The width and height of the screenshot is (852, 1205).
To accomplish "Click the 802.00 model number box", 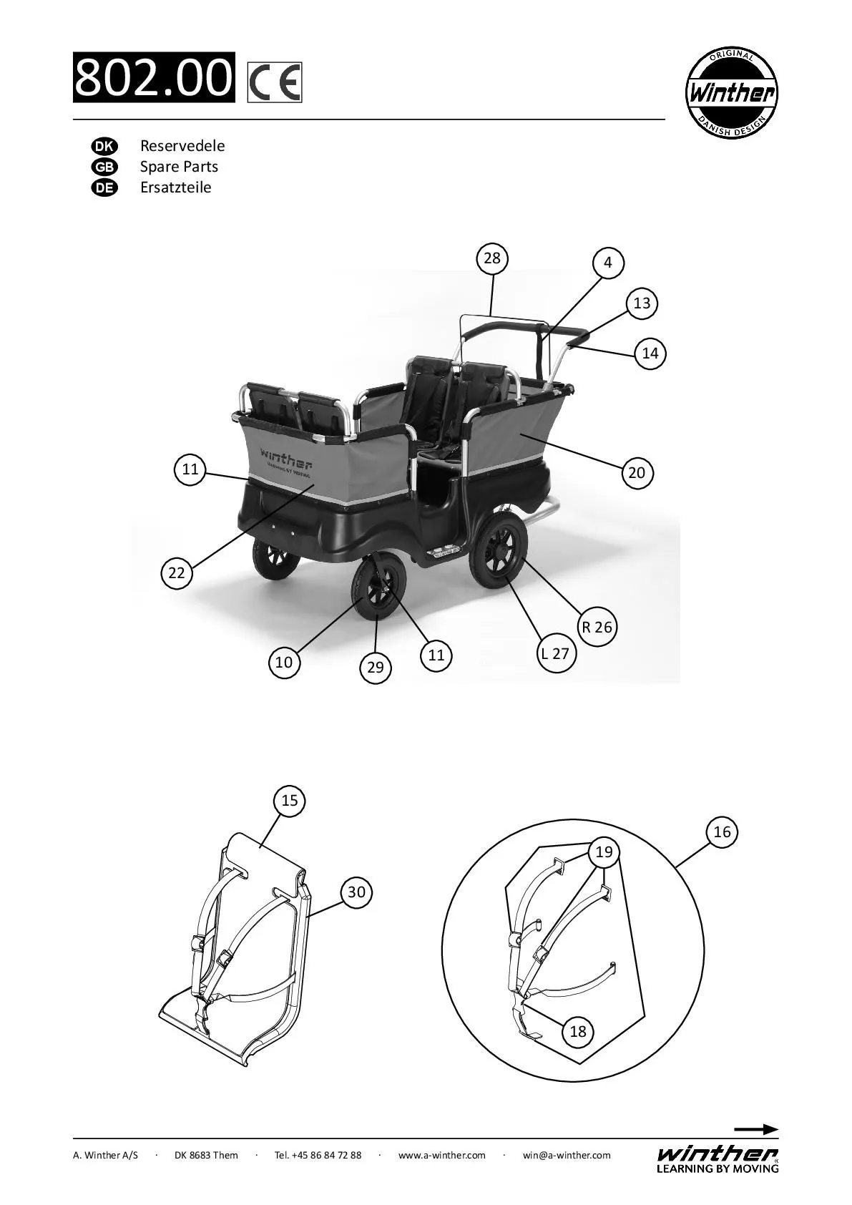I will [x=154, y=77].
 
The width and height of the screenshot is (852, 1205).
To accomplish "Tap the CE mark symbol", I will [x=275, y=82].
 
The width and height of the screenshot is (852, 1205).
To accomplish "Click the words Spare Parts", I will [x=179, y=167].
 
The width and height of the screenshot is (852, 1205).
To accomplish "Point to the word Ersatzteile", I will [x=175, y=187].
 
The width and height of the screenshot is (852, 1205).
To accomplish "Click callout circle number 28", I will [x=492, y=258].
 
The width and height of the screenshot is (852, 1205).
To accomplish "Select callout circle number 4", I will [x=608, y=263].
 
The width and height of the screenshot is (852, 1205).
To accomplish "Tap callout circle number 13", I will [x=642, y=303].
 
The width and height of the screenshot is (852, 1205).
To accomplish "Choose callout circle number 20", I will [x=637, y=472].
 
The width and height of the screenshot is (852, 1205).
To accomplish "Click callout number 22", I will [x=177, y=572].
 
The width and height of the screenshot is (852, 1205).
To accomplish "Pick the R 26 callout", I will [x=597, y=628].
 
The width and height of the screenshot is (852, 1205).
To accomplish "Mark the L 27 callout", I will [x=555, y=653].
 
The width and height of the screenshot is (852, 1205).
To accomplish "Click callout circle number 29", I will [x=376, y=668].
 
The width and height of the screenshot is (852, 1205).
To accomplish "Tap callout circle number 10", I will [x=284, y=663].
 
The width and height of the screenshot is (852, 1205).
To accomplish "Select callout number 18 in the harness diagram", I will [x=578, y=1031].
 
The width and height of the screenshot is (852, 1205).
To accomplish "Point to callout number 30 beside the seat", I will [x=356, y=892].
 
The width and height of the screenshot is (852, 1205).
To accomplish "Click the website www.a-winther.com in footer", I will [x=441, y=1155].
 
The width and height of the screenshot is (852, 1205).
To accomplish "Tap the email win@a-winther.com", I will [x=567, y=1155].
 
